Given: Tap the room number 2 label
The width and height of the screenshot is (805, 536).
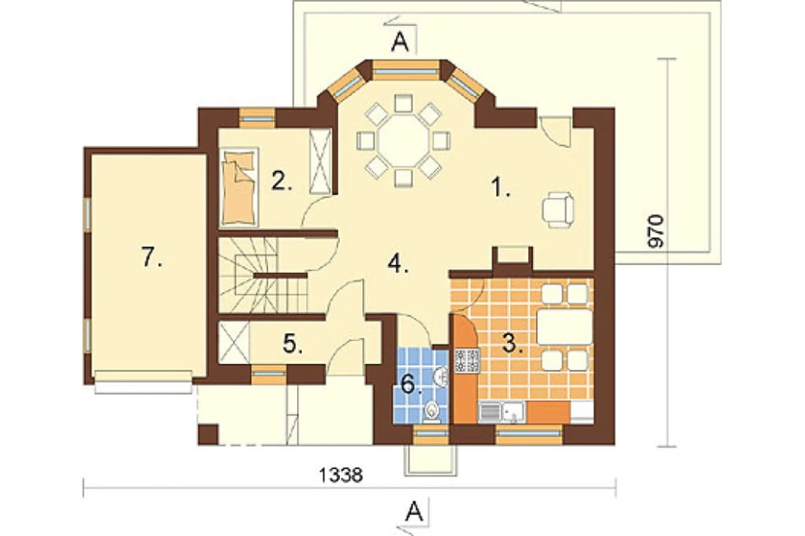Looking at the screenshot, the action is (281, 181).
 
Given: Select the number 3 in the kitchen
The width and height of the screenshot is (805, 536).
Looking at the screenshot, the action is (512, 344).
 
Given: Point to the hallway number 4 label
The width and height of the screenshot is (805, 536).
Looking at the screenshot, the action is (398, 264).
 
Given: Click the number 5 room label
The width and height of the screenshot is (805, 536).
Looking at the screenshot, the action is (293, 344).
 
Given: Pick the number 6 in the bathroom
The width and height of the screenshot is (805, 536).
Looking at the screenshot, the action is (411, 384).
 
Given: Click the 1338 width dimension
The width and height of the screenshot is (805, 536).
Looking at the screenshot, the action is (341, 475).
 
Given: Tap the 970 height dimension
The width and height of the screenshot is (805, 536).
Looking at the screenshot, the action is (656, 232).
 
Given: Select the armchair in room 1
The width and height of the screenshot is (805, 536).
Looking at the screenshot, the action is (558, 209).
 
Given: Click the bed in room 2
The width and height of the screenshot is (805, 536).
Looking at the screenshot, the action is (239, 187).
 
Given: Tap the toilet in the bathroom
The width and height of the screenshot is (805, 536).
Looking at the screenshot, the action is (433, 412).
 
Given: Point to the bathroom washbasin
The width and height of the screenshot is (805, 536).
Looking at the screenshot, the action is (440, 377).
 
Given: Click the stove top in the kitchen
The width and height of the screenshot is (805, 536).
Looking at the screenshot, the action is (467, 361).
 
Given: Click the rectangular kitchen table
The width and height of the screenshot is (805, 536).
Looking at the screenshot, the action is (565, 327).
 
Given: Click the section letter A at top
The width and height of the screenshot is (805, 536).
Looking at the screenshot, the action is (400, 43).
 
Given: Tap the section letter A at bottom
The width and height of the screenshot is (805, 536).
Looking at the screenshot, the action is (414, 511).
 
